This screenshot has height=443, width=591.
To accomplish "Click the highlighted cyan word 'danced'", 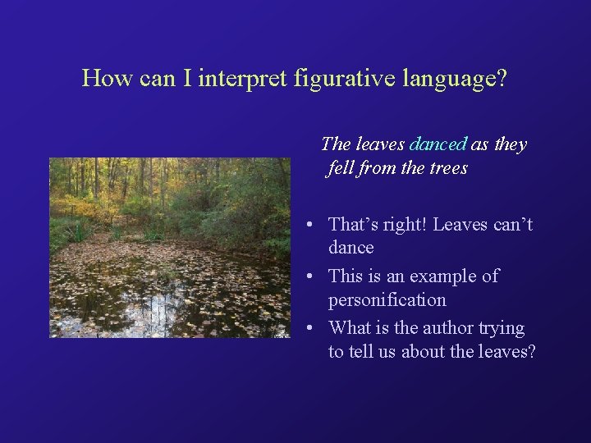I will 438,144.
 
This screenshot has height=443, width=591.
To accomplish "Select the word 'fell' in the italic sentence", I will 341,168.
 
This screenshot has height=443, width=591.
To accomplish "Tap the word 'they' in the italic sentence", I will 510,144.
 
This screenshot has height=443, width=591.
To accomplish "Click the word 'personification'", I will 387,299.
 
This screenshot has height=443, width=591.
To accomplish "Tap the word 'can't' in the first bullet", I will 512,224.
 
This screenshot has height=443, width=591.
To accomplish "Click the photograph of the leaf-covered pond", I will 170,247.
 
